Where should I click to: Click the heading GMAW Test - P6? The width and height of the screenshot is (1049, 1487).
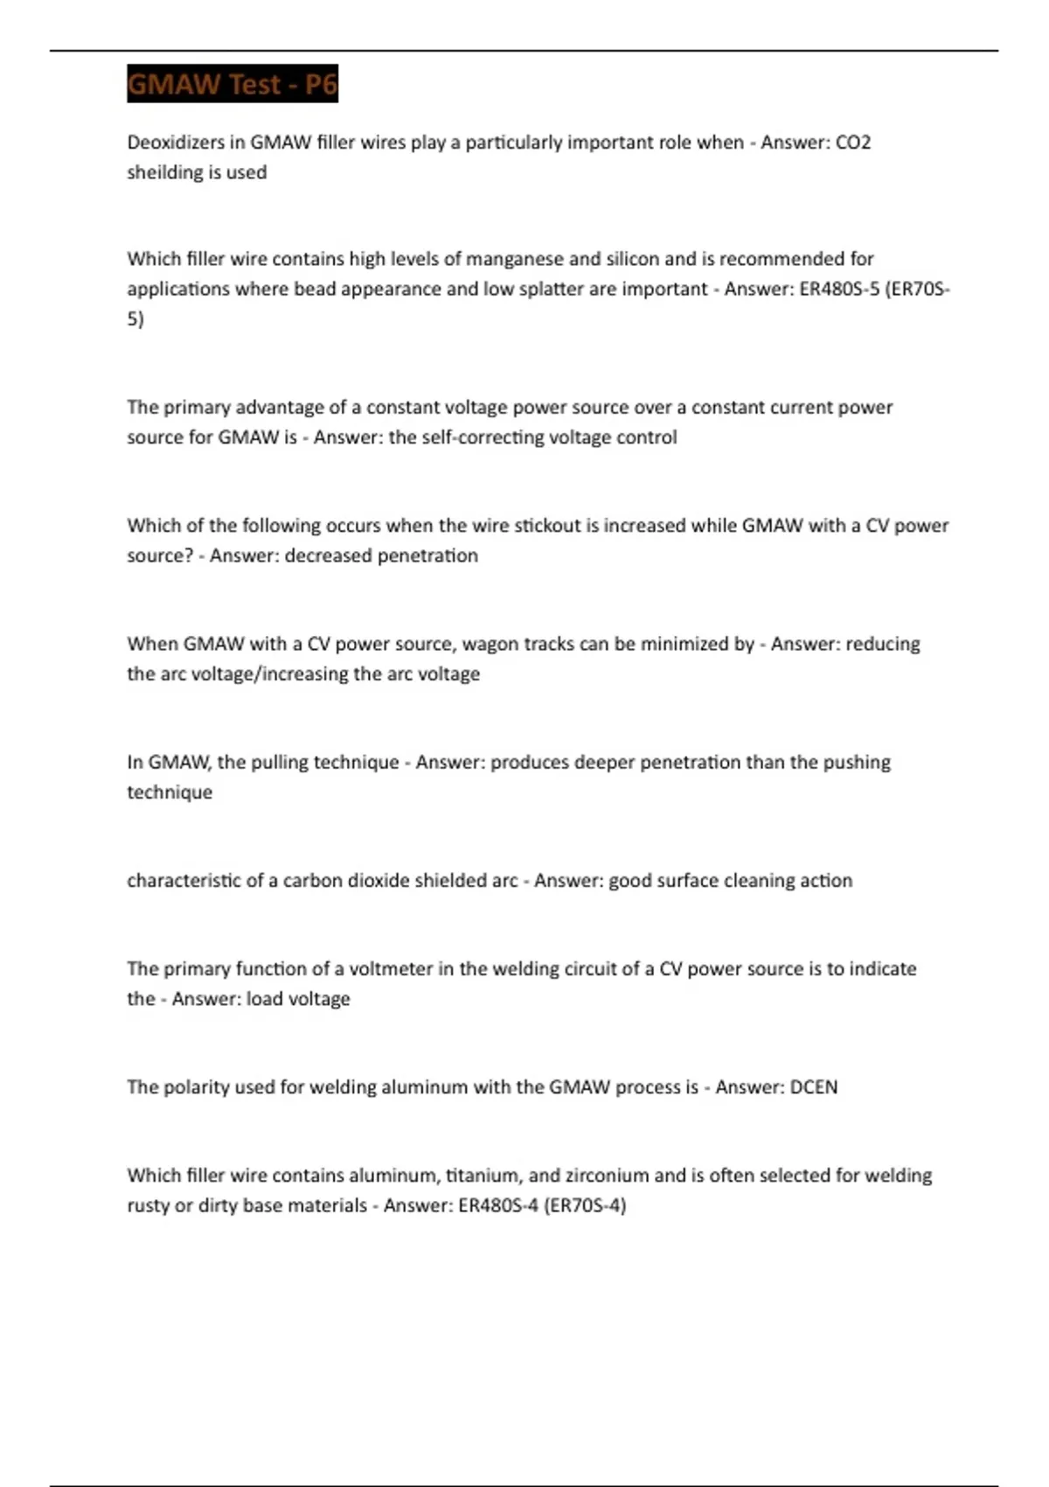click(232, 84)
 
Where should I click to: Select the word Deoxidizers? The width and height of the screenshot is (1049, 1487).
click(172, 143)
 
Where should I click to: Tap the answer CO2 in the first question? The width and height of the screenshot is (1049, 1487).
click(853, 143)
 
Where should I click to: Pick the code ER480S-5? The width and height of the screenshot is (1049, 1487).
click(839, 289)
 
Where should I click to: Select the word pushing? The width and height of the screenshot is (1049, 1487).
click(855, 762)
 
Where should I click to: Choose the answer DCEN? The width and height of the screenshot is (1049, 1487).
click(813, 1087)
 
